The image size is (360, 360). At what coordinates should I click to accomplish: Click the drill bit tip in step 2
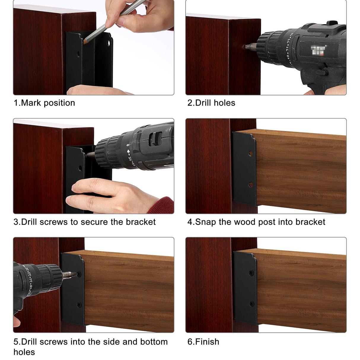pos(244,47)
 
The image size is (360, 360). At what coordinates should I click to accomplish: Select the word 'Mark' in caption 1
pos(31,103)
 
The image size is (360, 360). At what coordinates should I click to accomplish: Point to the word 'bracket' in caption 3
pos(141,222)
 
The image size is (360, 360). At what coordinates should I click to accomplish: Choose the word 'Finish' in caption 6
pos(207,342)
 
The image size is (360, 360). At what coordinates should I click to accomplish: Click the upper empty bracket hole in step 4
pos(251,154)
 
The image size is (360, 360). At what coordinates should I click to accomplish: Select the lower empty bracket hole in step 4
pos(251,185)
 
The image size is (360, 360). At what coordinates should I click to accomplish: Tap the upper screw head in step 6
pos(252,272)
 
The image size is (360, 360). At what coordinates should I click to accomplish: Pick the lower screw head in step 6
pos(252,304)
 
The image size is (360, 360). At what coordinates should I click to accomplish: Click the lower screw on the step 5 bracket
pos(79,304)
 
